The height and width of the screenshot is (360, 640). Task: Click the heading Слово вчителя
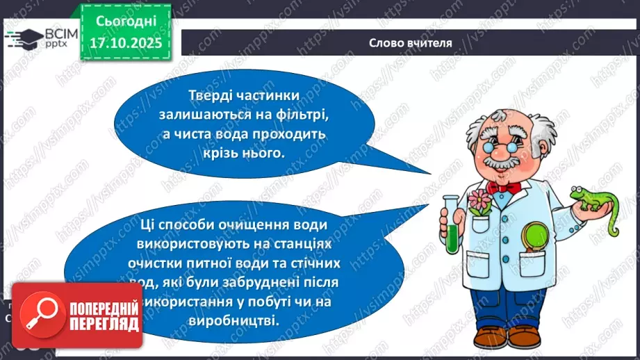pos(411,43)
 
